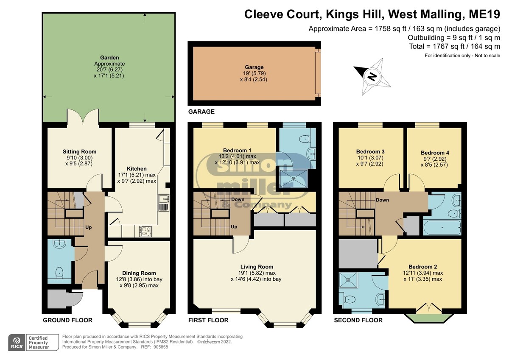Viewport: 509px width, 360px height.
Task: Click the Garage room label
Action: [x=254, y=67]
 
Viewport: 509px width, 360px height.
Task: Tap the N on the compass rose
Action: [x=372, y=77]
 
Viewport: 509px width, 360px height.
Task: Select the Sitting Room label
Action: [x=80, y=151]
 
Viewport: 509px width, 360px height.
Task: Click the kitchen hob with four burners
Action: [x=145, y=231]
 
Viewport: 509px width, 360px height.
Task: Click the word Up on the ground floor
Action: [x=89, y=227]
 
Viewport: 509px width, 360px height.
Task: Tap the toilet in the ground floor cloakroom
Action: [x=59, y=273]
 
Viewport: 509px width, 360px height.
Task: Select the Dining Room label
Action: [x=139, y=273]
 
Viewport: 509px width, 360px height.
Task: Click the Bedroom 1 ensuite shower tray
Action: [x=294, y=179]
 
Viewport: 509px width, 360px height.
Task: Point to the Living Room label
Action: [x=257, y=267]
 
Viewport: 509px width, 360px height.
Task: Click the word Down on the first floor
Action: [x=238, y=199]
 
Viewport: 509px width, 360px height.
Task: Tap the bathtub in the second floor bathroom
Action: [x=442, y=228]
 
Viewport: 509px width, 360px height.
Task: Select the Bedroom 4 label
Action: [x=435, y=153]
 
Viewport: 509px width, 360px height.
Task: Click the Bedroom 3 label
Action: [x=370, y=151]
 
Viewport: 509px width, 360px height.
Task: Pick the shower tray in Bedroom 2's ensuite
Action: [x=349, y=280]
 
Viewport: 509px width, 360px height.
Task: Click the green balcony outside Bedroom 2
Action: [x=429, y=318]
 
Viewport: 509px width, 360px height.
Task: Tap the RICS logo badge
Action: [x=17, y=343]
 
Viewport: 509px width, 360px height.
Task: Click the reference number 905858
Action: [x=161, y=347]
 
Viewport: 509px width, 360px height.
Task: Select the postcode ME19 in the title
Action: [x=484, y=14]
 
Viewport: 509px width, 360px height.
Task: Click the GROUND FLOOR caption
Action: [x=68, y=320]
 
